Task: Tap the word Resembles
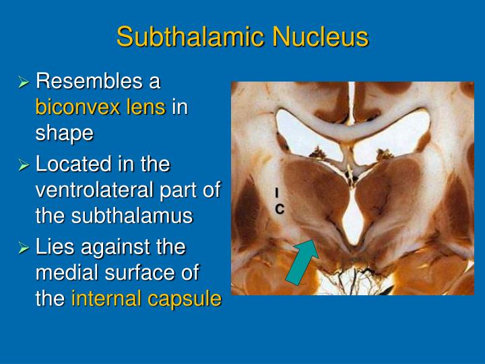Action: (x=97, y=82)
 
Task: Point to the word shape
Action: (x=64, y=133)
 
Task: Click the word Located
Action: (x=73, y=164)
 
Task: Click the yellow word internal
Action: (x=103, y=298)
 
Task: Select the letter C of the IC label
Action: (x=279, y=209)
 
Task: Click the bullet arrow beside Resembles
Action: (x=24, y=82)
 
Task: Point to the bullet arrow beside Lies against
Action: (x=24, y=247)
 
